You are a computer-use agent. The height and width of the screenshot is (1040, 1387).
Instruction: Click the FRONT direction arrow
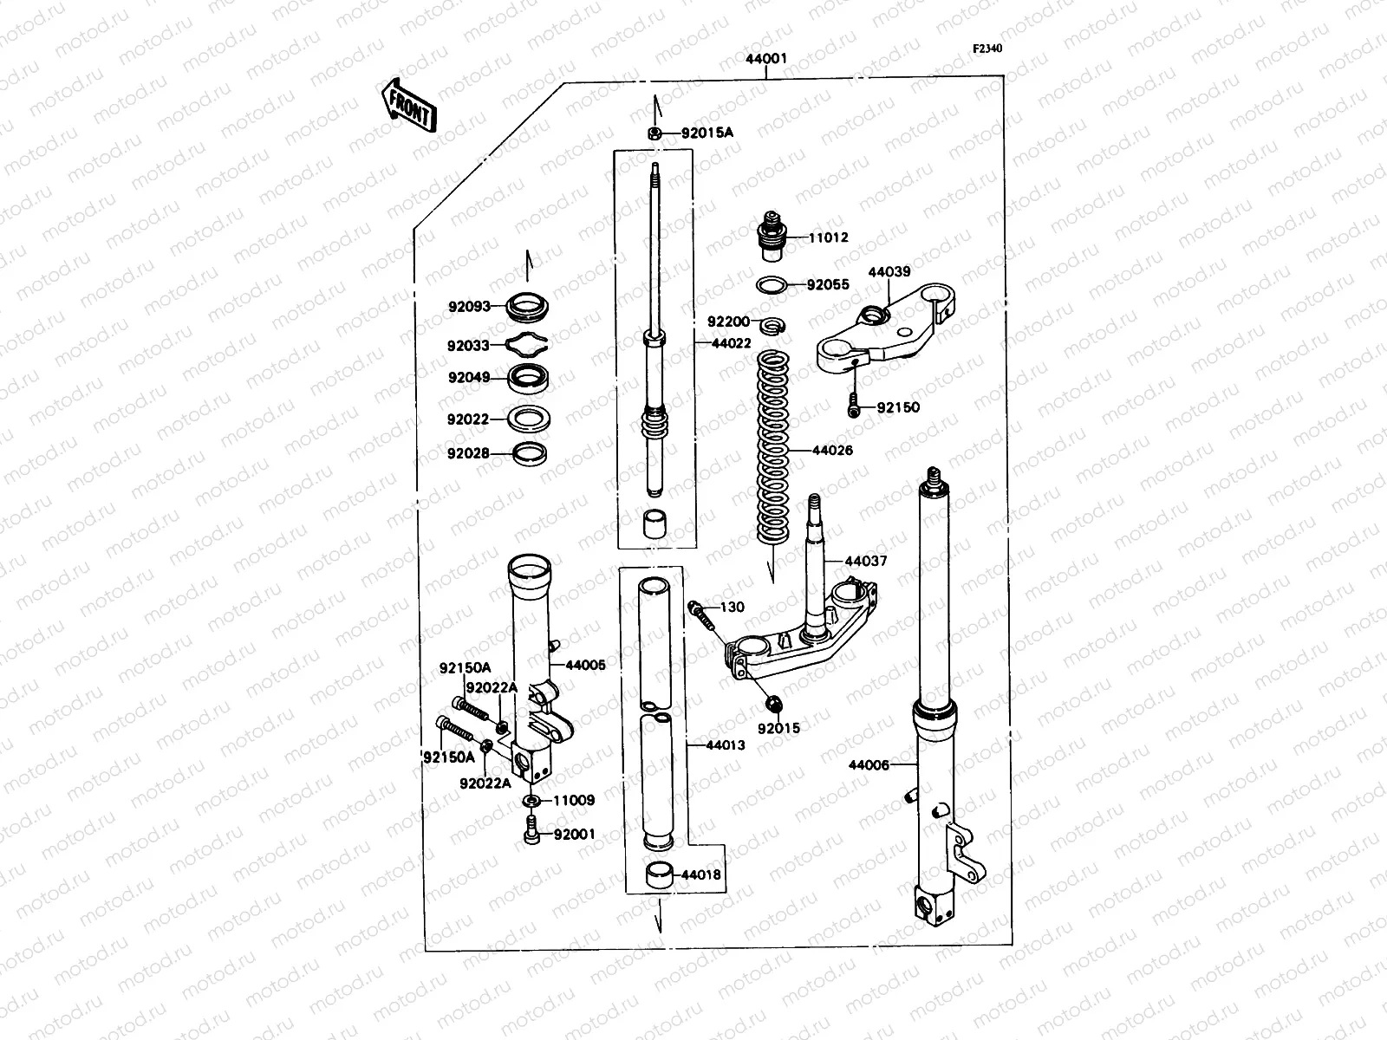pos(407,105)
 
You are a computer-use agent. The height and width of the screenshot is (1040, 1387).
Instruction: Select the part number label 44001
pos(766,60)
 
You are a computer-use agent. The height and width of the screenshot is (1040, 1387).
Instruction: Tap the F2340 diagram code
pos(987,49)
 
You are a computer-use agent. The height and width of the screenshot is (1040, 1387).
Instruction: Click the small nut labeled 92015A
pos(656,133)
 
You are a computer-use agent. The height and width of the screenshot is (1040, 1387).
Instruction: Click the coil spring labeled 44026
pos(773,451)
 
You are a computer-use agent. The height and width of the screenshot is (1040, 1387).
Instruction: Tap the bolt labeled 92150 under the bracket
pos(854,406)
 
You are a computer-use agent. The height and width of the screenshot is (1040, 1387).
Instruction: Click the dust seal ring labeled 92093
pos(526,306)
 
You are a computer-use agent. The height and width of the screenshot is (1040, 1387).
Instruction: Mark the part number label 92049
pos(468,378)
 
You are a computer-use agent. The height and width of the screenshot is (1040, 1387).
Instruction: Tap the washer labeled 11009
pos(531,799)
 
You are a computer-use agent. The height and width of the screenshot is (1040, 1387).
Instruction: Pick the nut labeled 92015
pos(773,703)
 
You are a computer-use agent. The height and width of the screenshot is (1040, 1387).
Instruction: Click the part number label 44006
pos(869,765)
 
